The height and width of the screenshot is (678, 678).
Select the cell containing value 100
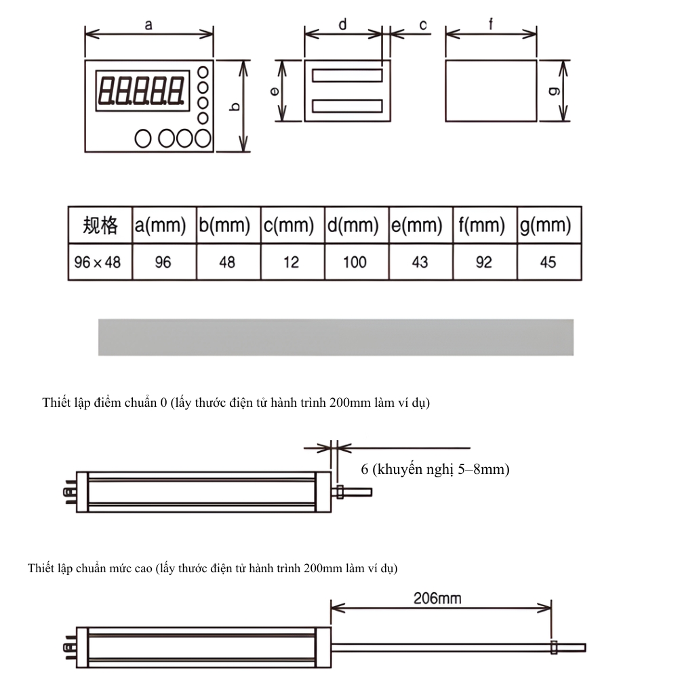355,262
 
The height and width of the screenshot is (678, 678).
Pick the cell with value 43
420,262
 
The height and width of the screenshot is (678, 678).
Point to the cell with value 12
291,262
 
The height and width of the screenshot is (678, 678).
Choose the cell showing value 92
483,262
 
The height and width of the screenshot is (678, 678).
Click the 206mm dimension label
437,598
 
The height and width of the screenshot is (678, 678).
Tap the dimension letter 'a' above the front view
148,24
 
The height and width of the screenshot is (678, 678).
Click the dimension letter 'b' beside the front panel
235,106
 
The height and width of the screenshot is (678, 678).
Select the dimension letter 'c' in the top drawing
423,25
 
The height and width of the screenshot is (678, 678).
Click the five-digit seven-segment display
142,89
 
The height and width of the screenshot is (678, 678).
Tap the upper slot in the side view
346,75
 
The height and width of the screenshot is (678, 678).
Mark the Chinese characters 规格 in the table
100,226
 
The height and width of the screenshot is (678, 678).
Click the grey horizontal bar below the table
336,337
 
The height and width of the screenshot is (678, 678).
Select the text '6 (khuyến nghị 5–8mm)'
435,468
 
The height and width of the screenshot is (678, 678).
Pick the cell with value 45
548,262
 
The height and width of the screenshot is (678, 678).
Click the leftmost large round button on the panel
143,138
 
